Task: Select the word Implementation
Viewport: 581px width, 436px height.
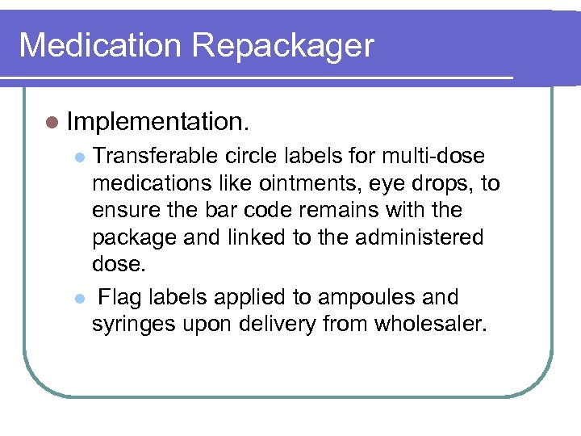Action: pyautogui.click(x=159, y=122)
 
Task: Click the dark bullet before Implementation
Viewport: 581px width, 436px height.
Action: pyautogui.click(x=52, y=122)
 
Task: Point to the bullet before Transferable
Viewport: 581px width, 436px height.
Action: pyautogui.click(x=78, y=157)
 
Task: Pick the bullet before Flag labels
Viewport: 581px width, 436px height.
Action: pyautogui.click(x=78, y=299)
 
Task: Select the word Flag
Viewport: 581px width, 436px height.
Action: pyautogui.click(x=119, y=297)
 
